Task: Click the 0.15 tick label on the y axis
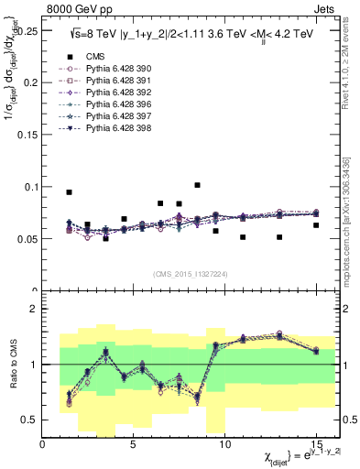27,134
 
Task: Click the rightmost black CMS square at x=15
316,225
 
